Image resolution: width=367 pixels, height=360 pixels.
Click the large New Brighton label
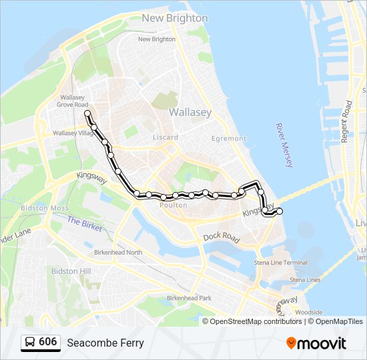coord(175,18)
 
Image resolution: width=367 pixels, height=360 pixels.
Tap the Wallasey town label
coord(190,112)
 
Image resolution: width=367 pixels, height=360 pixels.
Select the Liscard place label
coord(165,137)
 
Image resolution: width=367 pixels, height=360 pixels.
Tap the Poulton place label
coord(173,205)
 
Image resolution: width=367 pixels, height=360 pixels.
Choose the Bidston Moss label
coord(45,208)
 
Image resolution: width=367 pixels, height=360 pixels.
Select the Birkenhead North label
coord(118,252)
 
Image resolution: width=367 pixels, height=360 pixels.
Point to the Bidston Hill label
coord(76,271)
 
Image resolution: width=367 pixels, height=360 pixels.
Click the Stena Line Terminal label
coord(281,263)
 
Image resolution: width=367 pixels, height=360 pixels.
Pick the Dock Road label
coord(222,237)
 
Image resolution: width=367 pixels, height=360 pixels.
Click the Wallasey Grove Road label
coord(72,101)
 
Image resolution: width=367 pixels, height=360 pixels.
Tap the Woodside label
coord(309,312)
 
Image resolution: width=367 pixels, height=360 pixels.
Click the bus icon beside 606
coord(30,342)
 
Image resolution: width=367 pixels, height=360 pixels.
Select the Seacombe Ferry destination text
coord(105,343)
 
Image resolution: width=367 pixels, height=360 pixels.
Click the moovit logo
coord(316,343)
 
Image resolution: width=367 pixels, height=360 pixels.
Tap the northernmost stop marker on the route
coord(87,113)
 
